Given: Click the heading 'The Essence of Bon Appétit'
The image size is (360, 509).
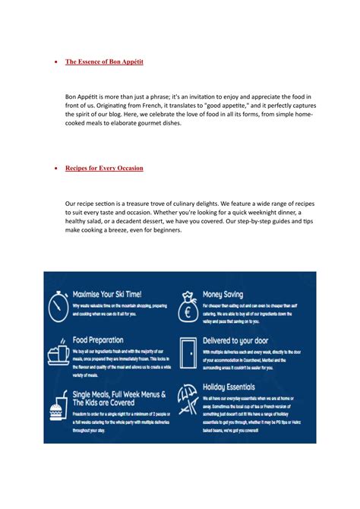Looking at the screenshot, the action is [104, 62].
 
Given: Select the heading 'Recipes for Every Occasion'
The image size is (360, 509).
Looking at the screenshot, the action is [104, 168].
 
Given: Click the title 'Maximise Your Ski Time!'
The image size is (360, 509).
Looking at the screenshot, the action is [107, 293].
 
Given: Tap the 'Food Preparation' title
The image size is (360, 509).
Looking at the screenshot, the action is [98, 340].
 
